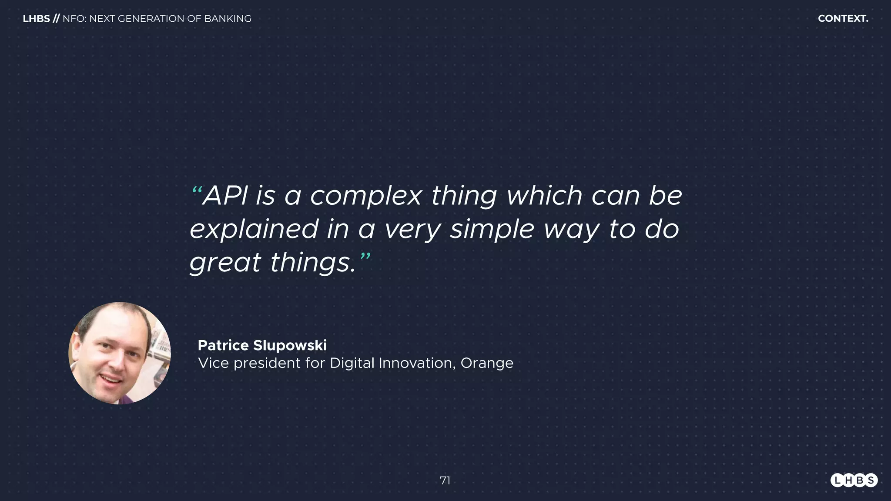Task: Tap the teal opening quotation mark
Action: click(x=197, y=191)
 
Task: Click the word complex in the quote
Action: click(x=366, y=197)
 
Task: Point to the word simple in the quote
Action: click(x=492, y=230)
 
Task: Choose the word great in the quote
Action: click(x=225, y=264)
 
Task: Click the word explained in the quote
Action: click(x=254, y=230)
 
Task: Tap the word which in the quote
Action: click(x=544, y=196)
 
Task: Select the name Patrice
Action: click(x=223, y=345)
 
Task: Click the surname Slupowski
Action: click(x=290, y=346)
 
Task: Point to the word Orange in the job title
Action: click(x=487, y=363)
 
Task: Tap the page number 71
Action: click(x=445, y=481)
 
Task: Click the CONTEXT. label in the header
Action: click(x=843, y=19)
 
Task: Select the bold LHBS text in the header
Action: click(x=36, y=19)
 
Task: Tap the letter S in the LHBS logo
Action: click(x=871, y=480)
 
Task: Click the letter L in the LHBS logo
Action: click(x=837, y=480)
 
